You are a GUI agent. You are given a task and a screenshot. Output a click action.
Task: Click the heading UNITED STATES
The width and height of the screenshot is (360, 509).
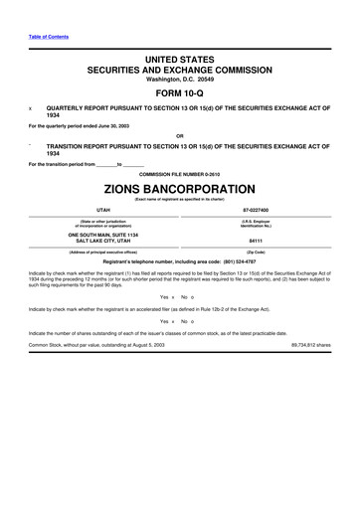pos(179,62)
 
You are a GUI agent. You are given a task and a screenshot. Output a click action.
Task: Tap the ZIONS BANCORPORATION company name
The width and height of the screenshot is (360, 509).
pos(179,188)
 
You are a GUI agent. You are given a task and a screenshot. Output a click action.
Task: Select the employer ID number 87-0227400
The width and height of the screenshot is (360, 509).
pos(255,211)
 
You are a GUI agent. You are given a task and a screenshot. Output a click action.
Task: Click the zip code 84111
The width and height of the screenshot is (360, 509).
pos(255,241)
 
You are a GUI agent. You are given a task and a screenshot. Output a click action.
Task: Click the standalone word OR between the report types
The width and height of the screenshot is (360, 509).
pos(179,135)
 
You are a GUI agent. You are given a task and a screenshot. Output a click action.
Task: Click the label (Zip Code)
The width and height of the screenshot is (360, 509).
pos(255,253)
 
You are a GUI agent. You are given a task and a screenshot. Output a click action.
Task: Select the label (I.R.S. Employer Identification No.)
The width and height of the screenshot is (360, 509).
pos(255,223)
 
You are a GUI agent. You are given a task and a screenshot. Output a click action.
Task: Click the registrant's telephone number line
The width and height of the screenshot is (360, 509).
pos(179,262)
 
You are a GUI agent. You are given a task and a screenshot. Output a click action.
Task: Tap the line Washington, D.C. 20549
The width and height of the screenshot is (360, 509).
pos(179,81)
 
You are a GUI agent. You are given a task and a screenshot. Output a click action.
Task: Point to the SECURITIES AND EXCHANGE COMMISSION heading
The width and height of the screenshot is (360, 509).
pos(179,72)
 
